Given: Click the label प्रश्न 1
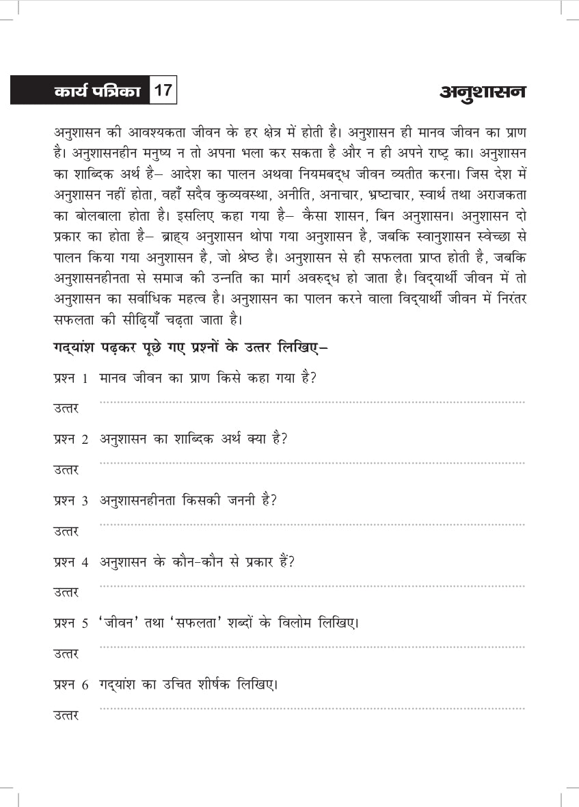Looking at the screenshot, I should click(x=71, y=379).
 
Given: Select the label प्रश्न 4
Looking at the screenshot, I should click(x=71, y=563).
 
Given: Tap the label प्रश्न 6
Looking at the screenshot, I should click(x=71, y=685).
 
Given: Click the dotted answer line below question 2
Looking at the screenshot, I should click(x=312, y=464).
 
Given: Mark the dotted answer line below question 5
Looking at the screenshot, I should click(x=312, y=647).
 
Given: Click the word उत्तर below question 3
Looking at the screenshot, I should click(x=66, y=531).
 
